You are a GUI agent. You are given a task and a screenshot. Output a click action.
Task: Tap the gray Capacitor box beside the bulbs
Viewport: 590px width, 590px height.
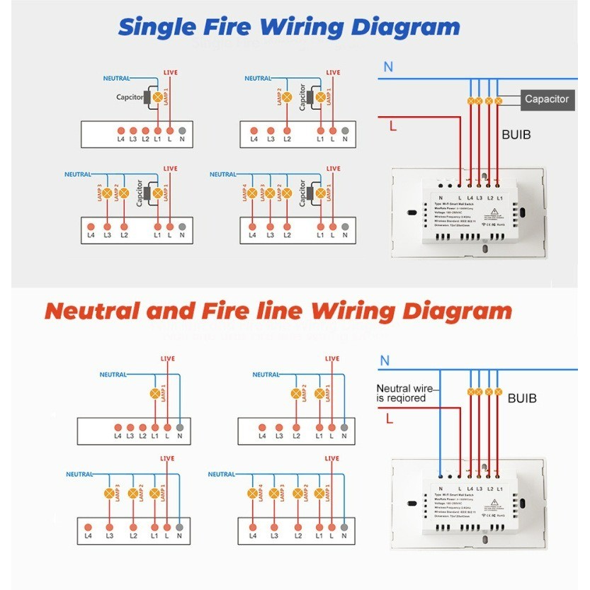pos(546,99)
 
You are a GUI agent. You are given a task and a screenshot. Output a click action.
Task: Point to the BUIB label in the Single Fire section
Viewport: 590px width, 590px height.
pos(516,134)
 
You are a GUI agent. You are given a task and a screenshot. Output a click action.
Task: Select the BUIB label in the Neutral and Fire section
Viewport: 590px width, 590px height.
pos(522,399)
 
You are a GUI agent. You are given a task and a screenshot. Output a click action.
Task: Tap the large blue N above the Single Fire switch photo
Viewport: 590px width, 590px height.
pos(388,67)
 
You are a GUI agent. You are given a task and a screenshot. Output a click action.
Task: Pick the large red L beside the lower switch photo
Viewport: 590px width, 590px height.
pos(390,419)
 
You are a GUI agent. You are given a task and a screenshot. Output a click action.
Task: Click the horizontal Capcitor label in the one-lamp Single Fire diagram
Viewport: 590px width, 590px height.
pos(130,97)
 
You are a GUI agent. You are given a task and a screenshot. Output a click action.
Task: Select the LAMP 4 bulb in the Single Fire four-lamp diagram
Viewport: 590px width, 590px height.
pos(254,193)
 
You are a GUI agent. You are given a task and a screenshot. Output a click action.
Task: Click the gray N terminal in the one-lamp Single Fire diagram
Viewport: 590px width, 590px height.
pos(182,131)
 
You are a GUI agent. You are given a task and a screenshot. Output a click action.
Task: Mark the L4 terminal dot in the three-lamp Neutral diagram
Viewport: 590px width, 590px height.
pos(89,527)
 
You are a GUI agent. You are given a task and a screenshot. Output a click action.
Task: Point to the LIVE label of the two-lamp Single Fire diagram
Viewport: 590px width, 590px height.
pos(333,72)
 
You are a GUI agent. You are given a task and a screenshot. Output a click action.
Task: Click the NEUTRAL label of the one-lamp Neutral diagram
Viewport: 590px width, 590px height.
pos(113,375)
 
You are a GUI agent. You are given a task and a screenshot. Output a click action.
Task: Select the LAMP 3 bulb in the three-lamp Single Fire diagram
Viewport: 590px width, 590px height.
pos(108,193)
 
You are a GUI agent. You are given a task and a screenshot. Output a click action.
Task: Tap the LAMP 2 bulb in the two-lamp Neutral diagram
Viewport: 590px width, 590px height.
pos(295,394)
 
